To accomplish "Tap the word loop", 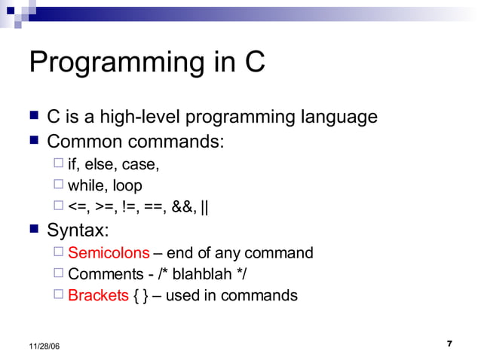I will click(x=127, y=185).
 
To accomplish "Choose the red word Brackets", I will click(x=98, y=295).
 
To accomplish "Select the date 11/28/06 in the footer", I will click(x=45, y=345).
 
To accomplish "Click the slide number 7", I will click(x=449, y=344).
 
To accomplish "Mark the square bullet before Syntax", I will click(x=33, y=228).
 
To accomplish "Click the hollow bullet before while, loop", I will click(x=60, y=185).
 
